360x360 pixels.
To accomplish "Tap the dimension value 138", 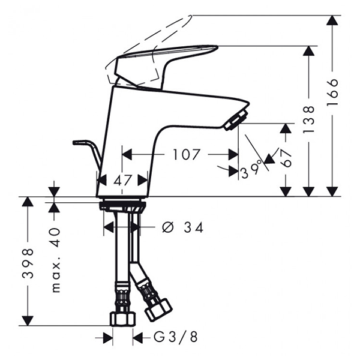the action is coord(309,119).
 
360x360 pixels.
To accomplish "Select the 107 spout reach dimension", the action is coord(187,154).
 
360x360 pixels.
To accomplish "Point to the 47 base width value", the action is coord(122,180).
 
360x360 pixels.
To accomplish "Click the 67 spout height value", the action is coord(286,158).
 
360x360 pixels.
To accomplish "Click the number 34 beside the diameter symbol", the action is coord(194,227).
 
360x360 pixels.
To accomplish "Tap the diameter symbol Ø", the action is coord(167,227).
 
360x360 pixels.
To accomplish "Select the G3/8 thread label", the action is coord(175,337).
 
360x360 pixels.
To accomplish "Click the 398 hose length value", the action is coord(28,263).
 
